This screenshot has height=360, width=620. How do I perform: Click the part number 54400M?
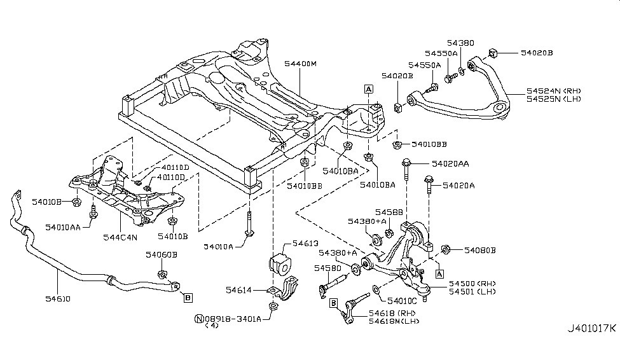300,64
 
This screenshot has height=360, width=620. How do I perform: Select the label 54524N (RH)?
553,91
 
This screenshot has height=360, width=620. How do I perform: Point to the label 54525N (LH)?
553,99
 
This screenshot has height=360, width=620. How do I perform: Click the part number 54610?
58,298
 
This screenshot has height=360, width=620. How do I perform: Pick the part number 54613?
305,243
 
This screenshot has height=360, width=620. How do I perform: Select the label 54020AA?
450,163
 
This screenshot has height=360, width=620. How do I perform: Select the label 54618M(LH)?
392,321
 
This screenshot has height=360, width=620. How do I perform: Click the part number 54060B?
161,254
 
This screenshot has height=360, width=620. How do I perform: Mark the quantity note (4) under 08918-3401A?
211,326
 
